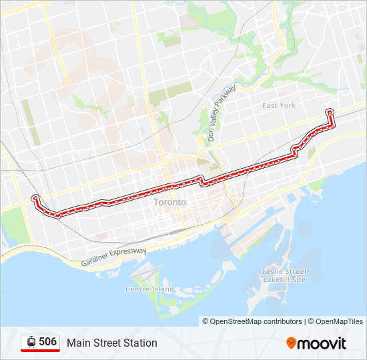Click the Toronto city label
coord(169,202)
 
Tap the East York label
coord(278,106)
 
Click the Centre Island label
coord(149,289)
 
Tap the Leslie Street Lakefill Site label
coord(285,276)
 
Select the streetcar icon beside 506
coord(31,342)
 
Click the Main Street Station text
coord(111,343)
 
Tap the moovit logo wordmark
coord(322,343)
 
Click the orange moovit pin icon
coord(291,343)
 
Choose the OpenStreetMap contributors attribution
coord(252,321)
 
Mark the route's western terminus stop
coord(35,197)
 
